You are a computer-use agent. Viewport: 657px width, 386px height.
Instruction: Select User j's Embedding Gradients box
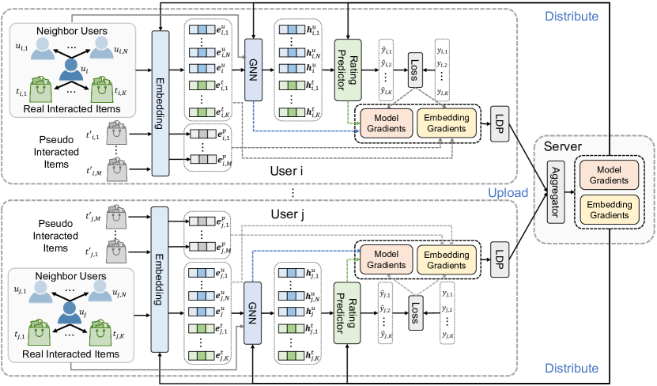click(x=447, y=259)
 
